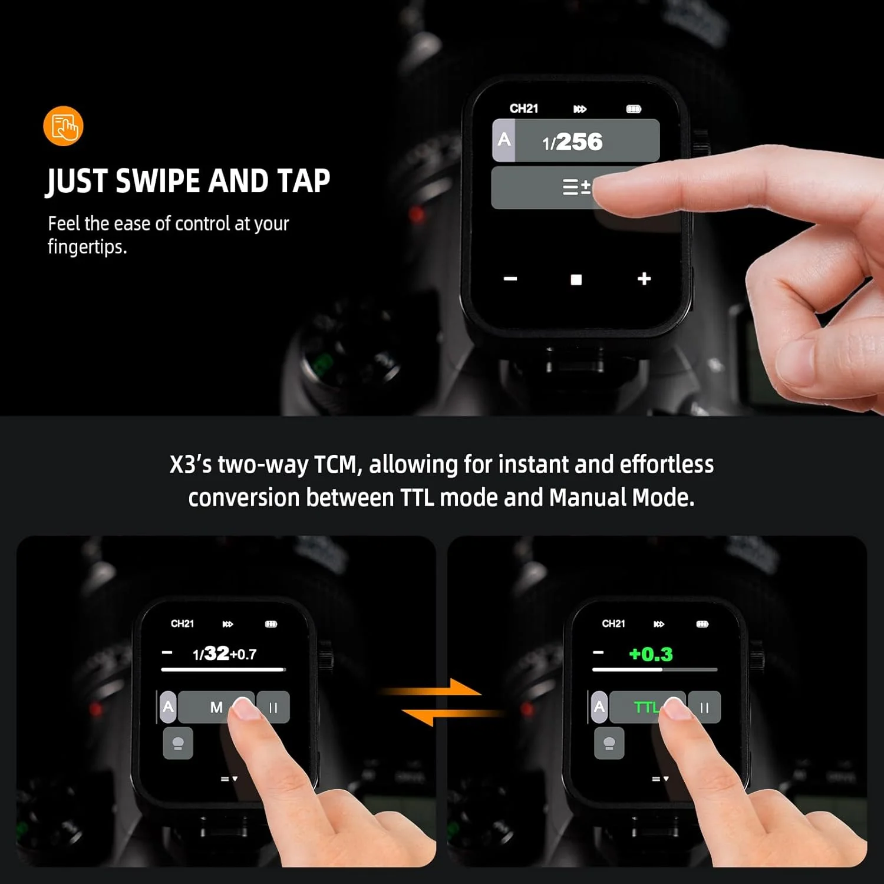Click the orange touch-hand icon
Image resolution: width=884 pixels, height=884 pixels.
tap(63, 126)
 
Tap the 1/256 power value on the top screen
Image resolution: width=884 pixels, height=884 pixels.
tap(572, 141)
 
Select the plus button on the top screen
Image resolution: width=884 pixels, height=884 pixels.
tap(644, 279)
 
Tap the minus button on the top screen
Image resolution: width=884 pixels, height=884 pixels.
tap(510, 279)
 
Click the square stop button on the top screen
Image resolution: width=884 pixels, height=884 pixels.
tap(576, 279)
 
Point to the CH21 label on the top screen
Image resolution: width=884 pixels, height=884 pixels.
tap(524, 108)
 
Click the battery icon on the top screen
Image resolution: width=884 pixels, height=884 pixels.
tap(634, 109)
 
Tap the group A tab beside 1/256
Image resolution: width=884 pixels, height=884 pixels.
tap(504, 140)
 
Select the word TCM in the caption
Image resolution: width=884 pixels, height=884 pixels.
tap(335, 464)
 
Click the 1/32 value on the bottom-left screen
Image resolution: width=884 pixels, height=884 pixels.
tap(211, 654)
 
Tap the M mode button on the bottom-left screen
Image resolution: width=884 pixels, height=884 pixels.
tap(216, 707)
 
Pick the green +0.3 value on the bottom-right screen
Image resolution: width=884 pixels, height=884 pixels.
tap(651, 654)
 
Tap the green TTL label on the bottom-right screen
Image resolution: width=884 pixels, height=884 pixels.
tap(645, 707)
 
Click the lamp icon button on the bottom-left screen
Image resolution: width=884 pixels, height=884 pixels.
tap(178, 744)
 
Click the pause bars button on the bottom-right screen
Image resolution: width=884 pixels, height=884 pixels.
tap(704, 707)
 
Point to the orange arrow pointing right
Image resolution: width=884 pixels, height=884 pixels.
tap(430, 689)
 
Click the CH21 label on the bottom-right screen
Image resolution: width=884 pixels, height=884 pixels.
tap(613, 624)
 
